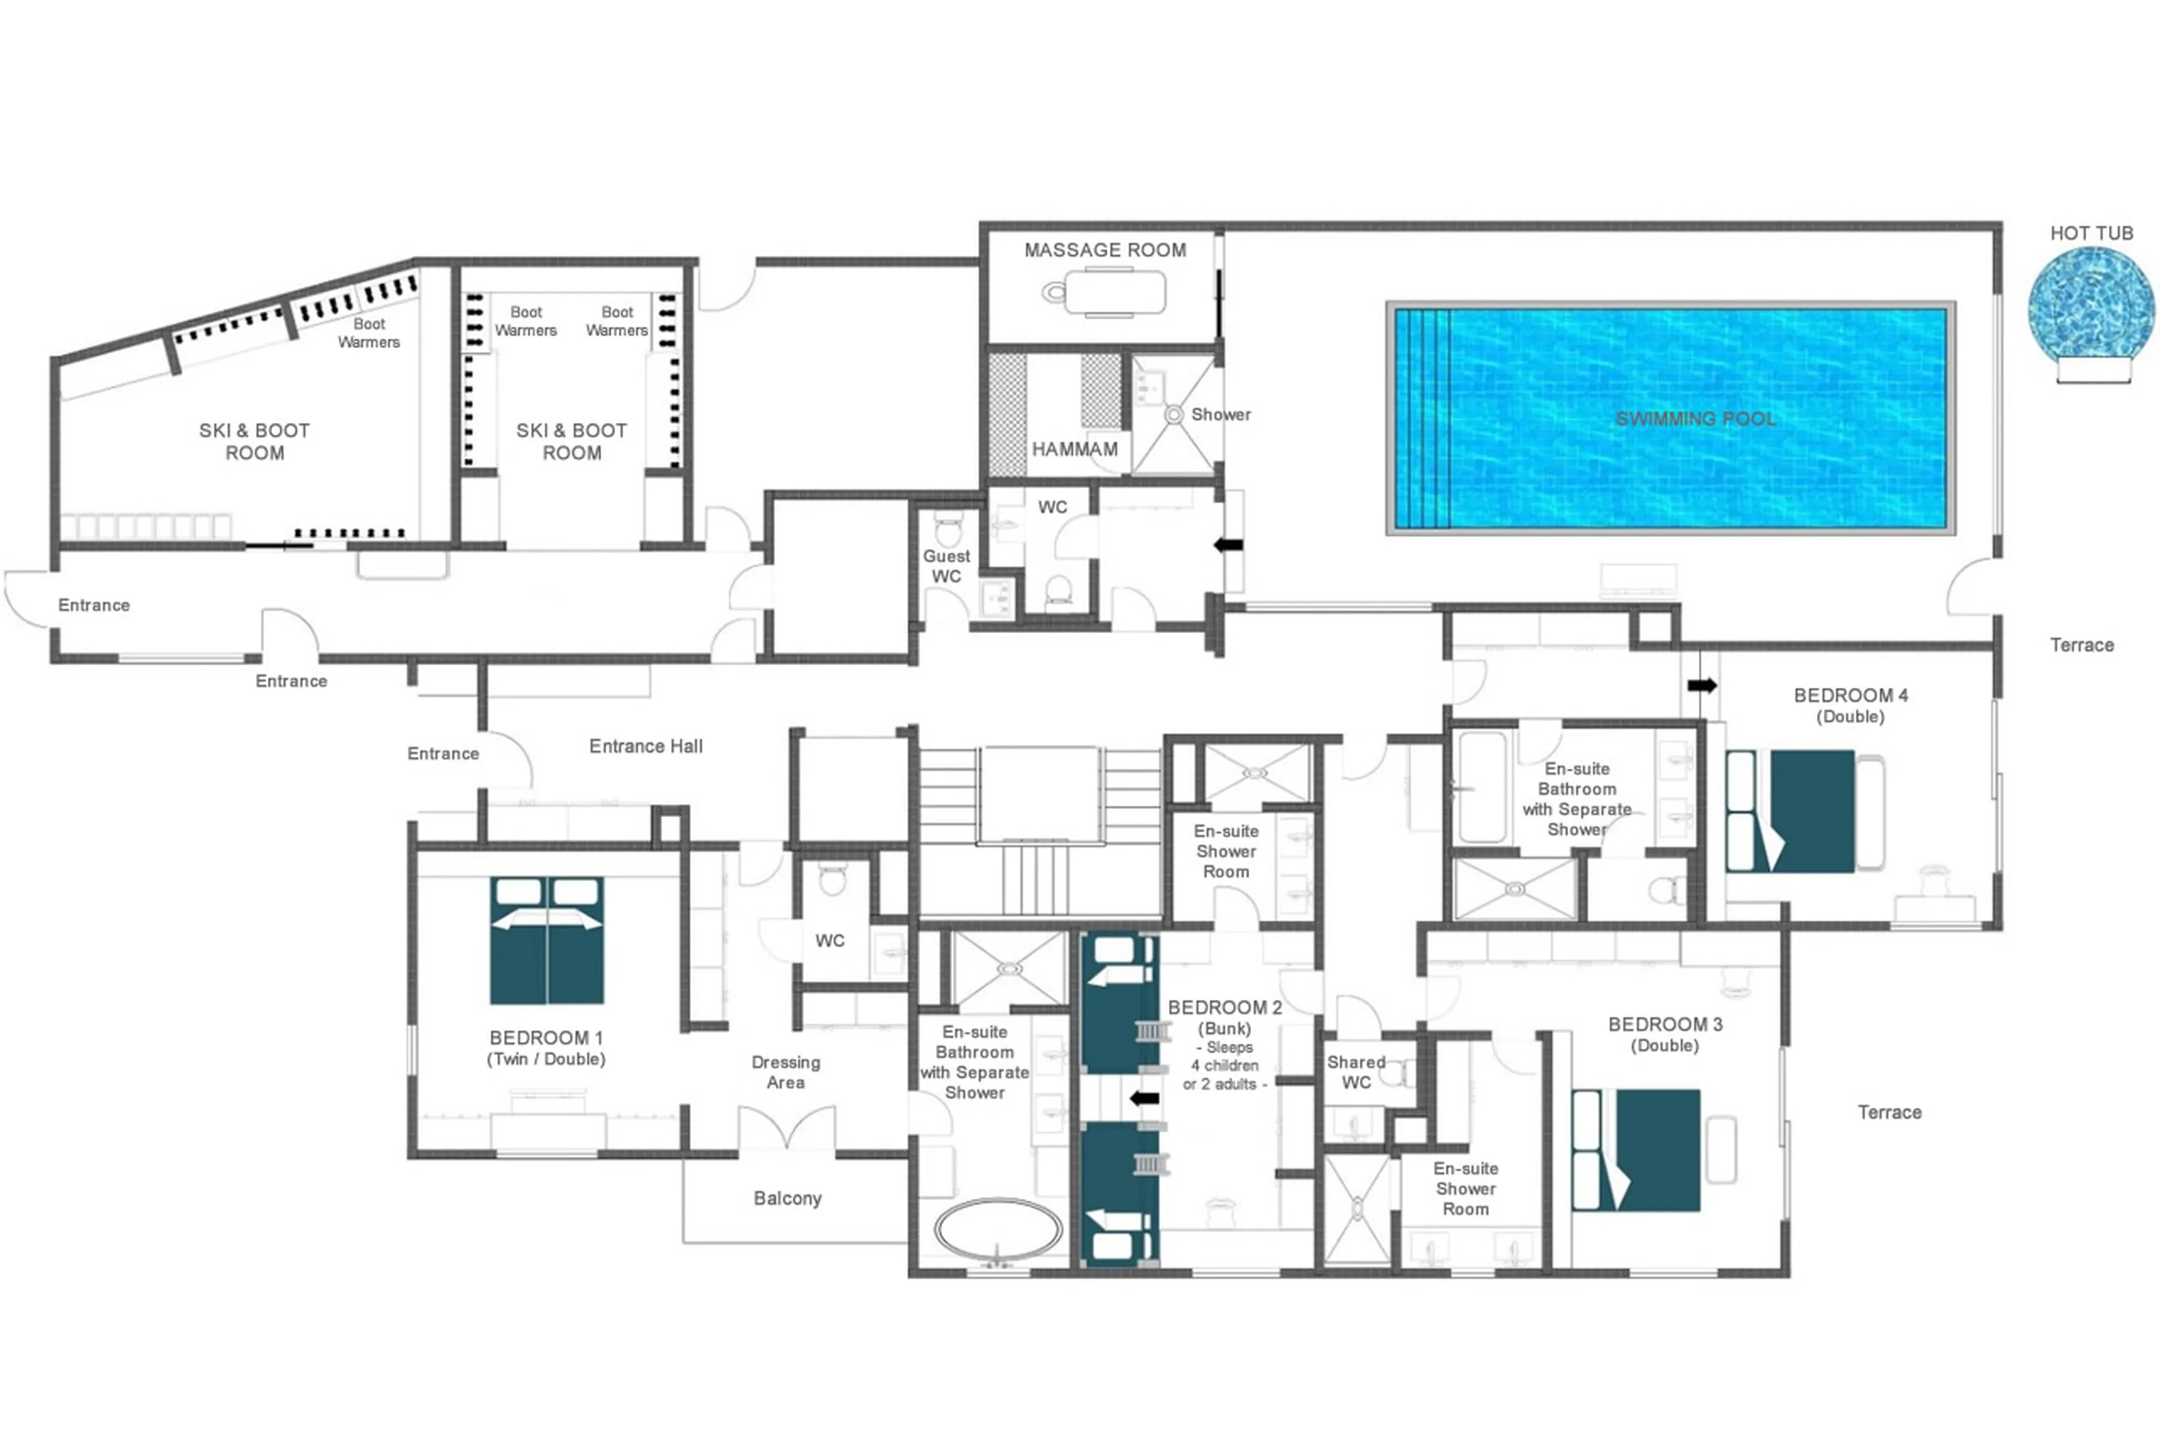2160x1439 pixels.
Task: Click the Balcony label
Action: (x=787, y=1198)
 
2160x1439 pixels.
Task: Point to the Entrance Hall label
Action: (x=645, y=747)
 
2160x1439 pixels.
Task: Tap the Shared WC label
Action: (x=1356, y=1072)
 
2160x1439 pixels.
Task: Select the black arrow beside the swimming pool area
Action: (x=1228, y=545)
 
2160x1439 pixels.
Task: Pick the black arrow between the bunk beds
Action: (x=1144, y=1099)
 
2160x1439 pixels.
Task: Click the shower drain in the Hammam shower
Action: (x=1173, y=415)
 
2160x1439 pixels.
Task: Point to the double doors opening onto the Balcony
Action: (x=787, y=1129)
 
